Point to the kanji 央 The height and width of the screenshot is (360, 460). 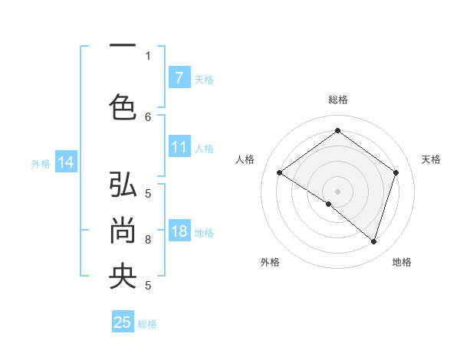123,276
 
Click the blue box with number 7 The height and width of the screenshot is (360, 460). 179,78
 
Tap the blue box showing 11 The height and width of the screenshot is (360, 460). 179,148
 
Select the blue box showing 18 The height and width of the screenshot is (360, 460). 179,232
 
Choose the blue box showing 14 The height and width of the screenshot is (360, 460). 66,162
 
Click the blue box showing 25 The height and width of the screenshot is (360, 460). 123,322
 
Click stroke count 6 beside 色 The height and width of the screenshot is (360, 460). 148,116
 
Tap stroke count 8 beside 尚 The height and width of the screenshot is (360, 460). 148,240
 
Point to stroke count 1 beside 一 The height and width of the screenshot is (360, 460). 148,55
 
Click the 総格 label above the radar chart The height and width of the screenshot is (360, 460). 337,100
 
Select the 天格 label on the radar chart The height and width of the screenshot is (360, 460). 431,159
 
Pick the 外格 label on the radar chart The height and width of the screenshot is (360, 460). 270,262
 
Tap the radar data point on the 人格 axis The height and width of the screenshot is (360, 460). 280,173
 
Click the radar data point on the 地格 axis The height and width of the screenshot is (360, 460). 373,241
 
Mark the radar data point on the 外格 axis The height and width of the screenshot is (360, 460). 329,204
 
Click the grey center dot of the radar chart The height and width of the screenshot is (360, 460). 337,191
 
